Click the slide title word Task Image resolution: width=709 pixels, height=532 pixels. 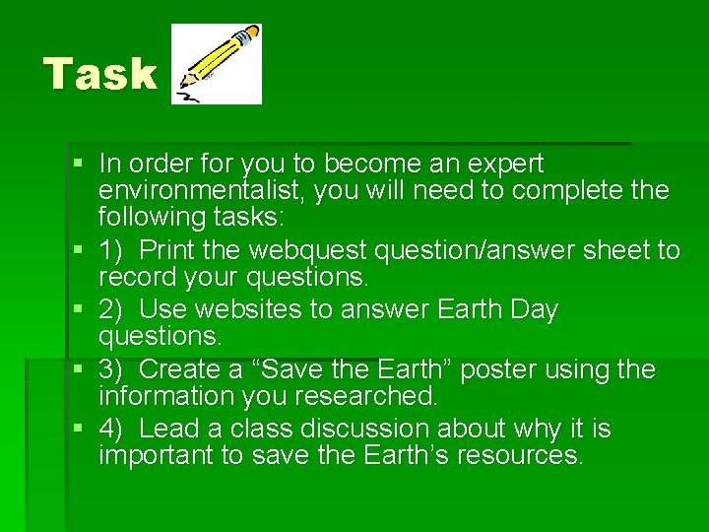click(99, 74)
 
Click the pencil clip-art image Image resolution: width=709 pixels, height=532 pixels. click(216, 64)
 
